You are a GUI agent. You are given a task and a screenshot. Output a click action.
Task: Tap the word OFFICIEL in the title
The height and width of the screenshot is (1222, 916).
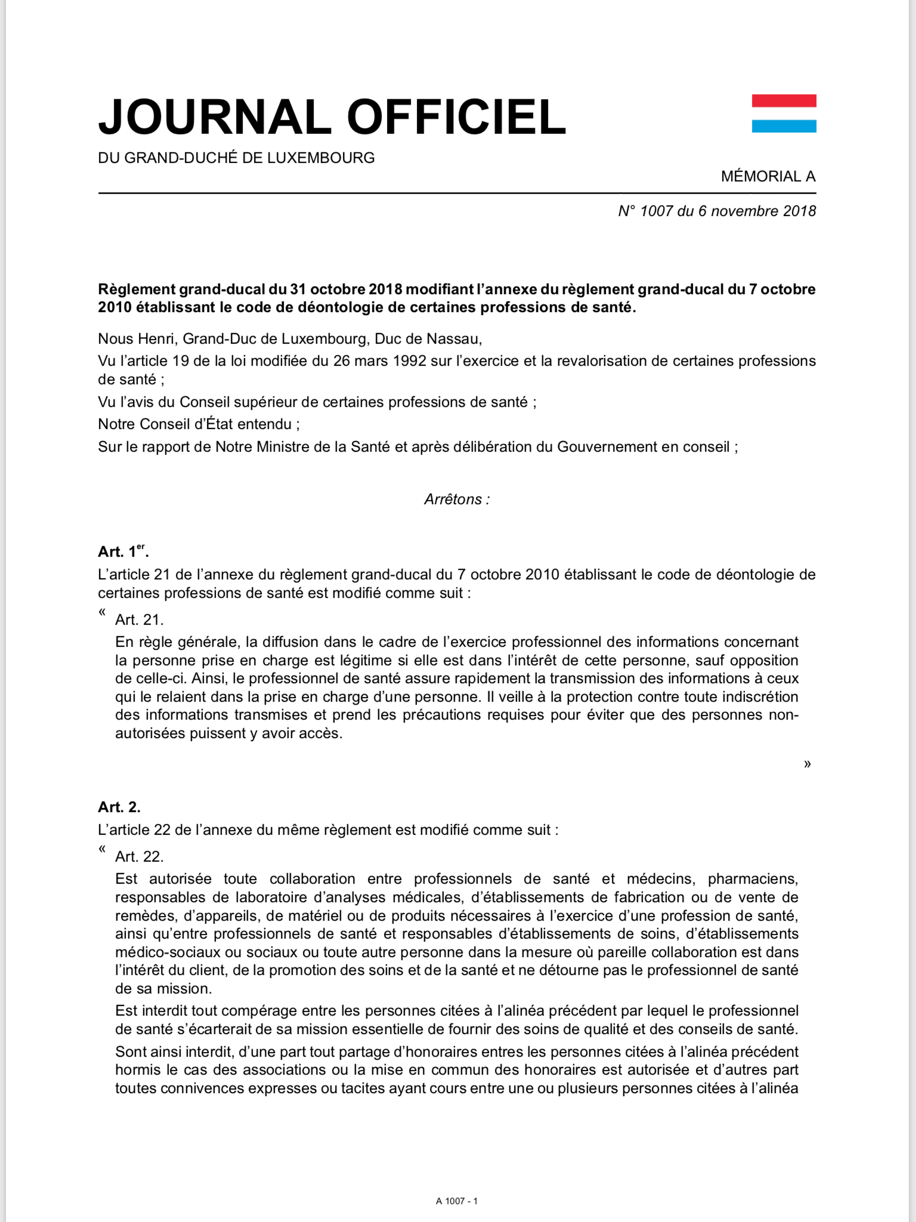[456, 116]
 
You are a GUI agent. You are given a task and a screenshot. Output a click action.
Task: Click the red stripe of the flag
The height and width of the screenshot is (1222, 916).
[784, 101]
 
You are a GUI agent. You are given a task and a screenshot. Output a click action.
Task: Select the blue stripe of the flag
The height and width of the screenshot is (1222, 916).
[784, 126]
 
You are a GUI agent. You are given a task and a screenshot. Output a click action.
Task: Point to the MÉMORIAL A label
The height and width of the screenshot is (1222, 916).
[768, 177]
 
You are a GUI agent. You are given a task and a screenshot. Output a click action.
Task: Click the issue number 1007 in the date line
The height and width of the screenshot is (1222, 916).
[656, 211]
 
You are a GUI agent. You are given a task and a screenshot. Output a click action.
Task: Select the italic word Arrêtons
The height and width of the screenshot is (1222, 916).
[453, 499]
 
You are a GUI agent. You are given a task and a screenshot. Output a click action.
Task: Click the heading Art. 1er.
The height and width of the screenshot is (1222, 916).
[123, 551]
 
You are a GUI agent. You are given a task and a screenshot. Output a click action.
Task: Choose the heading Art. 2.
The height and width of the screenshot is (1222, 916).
[119, 807]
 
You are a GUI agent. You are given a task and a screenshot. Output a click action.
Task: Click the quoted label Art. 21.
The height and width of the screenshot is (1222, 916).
[139, 620]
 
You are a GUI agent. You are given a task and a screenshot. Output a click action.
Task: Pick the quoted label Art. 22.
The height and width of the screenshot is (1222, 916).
[139, 857]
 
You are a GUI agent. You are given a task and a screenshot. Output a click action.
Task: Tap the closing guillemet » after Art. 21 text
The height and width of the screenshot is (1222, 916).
[807, 764]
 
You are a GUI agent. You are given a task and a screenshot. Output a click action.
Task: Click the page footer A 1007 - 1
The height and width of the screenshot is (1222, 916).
[457, 1201]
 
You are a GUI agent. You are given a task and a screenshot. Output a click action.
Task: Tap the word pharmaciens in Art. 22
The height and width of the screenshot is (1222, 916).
[753, 879]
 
